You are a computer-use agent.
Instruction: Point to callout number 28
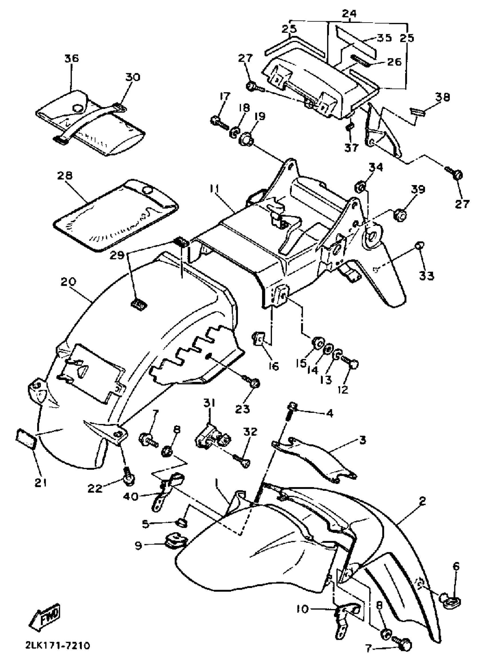click(64, 176)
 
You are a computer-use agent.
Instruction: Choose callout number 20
click(68, 282)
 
